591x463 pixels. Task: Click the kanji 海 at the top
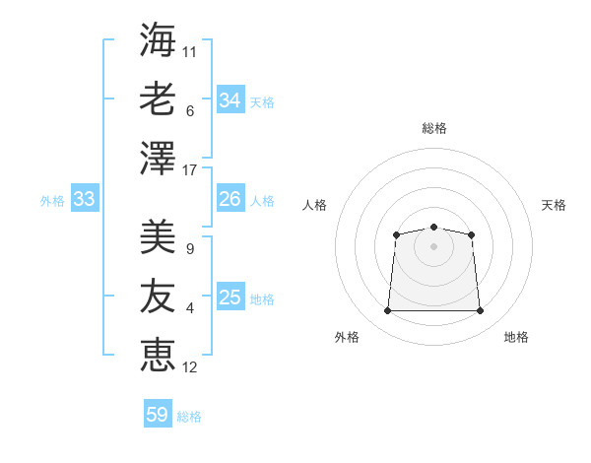[158, 39]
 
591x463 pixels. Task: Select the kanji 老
[158, 99]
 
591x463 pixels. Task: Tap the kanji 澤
[158, 158]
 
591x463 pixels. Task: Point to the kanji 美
[158, 236]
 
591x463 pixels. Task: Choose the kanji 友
[158, 296]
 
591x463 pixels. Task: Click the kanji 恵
[158, 356]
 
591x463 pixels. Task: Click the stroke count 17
[189, 170]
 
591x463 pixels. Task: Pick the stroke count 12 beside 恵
[189, 367]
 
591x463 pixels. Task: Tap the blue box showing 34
[230, 99]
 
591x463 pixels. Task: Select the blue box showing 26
[230, 198]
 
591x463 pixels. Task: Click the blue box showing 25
[230, 296]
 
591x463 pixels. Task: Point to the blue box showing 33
[85, 198]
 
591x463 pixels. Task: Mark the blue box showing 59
[158, 413]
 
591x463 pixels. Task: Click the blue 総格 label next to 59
[189, 417]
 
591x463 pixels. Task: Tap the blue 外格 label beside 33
[52, 201]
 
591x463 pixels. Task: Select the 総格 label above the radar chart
[434, 128]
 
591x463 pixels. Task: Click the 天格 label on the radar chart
[554, 205]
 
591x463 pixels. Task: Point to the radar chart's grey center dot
[433, 246]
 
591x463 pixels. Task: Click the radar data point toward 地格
[480, 310]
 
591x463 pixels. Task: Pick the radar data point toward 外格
[387, 310]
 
